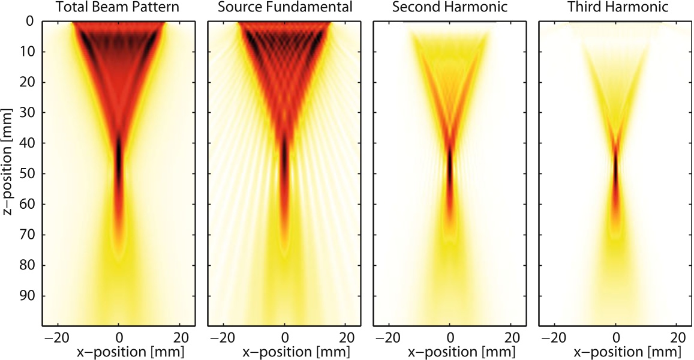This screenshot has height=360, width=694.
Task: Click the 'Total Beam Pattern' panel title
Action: point(119,8)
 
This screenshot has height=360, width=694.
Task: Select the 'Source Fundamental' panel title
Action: point(284,8)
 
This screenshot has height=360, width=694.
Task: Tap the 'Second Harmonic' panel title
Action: point(450,8)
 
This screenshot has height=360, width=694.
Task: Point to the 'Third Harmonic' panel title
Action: point(615,8)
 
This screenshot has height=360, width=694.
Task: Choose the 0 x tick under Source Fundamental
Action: point(285,336)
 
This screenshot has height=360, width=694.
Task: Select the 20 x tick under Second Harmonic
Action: point(512,336)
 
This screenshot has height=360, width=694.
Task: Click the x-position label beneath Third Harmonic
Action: point(615,351)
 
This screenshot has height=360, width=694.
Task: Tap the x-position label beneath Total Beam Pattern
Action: point(119,351)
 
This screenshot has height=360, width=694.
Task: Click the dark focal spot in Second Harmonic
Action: point(450,168)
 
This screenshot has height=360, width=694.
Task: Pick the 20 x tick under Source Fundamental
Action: point(346,336)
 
